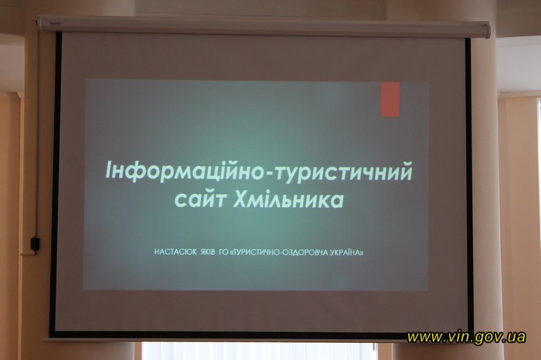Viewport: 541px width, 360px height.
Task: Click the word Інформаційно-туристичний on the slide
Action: [x=259, y=171]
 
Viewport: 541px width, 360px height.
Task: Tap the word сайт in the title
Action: [x=199, y=199]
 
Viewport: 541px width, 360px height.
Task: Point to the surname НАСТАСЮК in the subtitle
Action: [x=175, y=252]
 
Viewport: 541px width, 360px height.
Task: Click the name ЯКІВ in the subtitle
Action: [x=208, y=252]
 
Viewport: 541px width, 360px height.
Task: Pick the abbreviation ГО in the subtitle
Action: [x=223, y=252]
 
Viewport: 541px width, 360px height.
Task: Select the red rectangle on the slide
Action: [x=390, y=100]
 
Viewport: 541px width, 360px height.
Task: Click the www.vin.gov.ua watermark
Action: [x=467, y=337]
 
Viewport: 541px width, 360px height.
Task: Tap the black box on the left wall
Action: [x=36, y=243]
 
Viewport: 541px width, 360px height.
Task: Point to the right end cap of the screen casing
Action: [x=486, y=29]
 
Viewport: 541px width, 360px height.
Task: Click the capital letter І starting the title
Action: [x=108, y=169]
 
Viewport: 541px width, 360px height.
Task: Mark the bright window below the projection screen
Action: [x=260, y=351]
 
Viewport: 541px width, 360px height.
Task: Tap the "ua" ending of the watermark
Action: [x=519, y=336]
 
